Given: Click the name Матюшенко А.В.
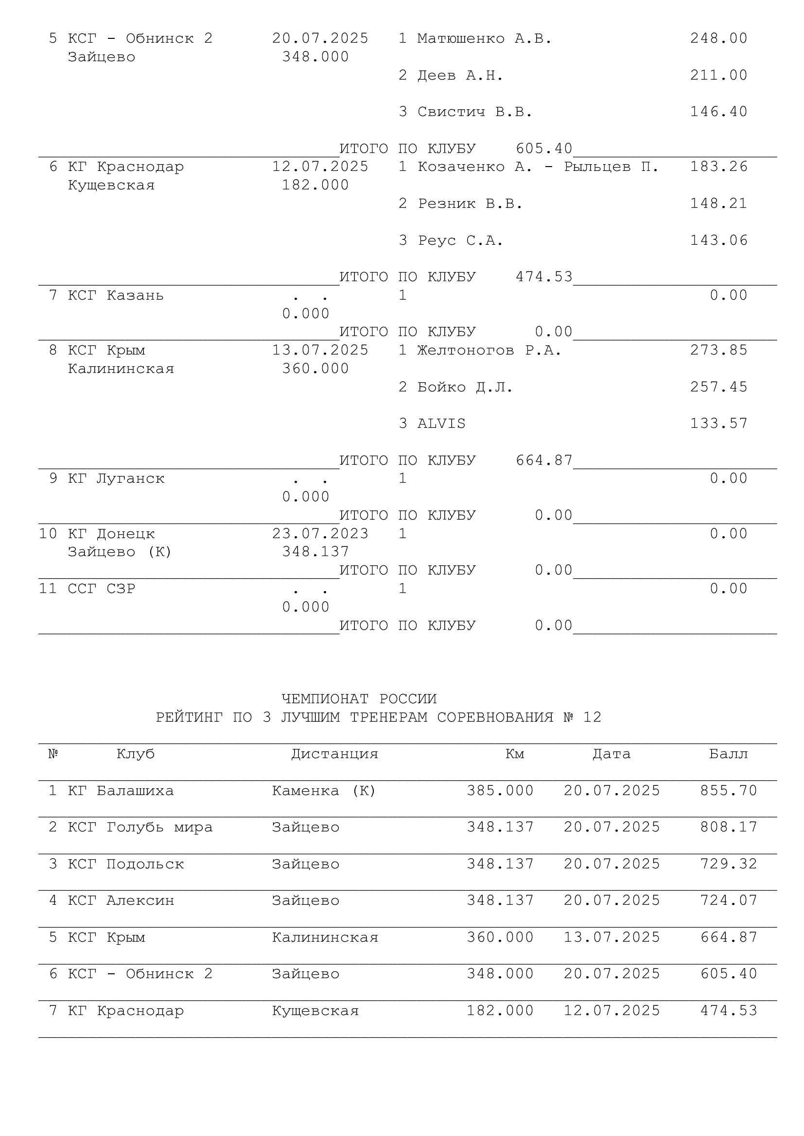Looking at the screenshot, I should [484, 38].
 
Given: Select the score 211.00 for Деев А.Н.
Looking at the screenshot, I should [718, 75].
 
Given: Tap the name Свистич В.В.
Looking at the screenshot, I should [474, 112].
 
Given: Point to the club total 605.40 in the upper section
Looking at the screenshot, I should [543, 149].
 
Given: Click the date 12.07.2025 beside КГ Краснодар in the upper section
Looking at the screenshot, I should [320, 167].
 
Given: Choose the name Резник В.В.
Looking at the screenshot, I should [470, 203].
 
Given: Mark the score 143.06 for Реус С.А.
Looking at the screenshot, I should [718, 240].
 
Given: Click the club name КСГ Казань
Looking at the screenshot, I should [115, 295].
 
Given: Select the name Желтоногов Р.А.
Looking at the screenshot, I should [489, 350].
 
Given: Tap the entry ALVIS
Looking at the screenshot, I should [441, 424].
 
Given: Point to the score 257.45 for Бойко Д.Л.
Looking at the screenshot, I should [718, 387].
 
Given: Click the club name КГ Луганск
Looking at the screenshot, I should [116, 478].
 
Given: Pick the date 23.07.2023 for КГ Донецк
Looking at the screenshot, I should [320, 533].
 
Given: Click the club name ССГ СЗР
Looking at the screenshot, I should [102, 588].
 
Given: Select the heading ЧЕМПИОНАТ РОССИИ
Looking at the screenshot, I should [359, 698].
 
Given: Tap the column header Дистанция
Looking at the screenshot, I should [334, 754].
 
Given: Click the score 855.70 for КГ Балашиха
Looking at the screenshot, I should [728, 791].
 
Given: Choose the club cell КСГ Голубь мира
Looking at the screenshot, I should [140, 827].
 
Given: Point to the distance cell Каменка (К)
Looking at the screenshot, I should [324, 791].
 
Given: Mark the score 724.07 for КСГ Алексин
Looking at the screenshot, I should [728, 900].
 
